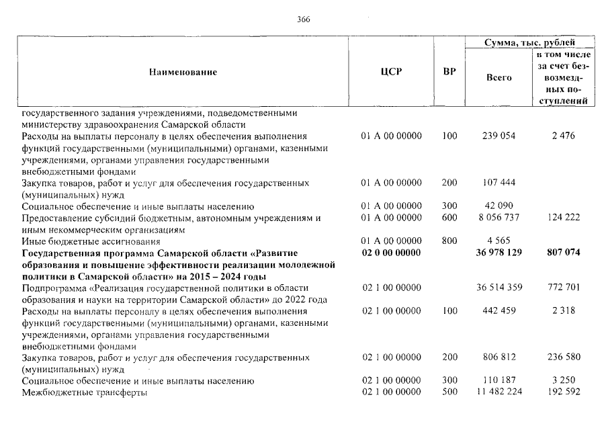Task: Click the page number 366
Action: [303, 19]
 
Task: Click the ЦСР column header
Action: [391, 72]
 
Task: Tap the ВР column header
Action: [449, 72]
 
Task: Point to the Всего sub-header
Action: [498, 77]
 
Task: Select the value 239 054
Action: [498, 136]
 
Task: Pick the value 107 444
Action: [498, 183]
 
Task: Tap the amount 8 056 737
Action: [498, 218]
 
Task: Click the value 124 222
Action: [562, 218]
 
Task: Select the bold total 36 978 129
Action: [498, 253]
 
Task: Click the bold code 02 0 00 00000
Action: [391, 253]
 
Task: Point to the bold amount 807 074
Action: [562, 253]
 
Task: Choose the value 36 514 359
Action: [498, 288]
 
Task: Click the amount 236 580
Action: [562, 357]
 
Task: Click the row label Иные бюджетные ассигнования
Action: [91, 241]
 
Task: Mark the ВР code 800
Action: [449, 241]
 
